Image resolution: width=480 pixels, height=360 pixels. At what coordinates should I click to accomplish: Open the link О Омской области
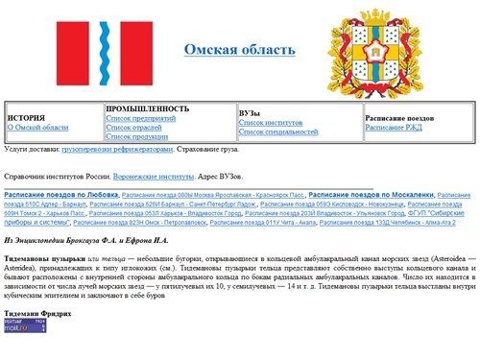(37, 127)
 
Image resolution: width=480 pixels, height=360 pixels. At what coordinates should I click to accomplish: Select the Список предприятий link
(139, 117)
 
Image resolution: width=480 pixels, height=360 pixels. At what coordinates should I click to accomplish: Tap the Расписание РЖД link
(394, 127)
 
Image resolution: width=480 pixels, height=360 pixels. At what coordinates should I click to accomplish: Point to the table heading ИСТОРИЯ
(27, 117)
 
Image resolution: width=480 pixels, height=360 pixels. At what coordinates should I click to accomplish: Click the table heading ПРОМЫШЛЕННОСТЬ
(147, 108)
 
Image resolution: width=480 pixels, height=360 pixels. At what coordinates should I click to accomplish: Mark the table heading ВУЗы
(250, 112)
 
